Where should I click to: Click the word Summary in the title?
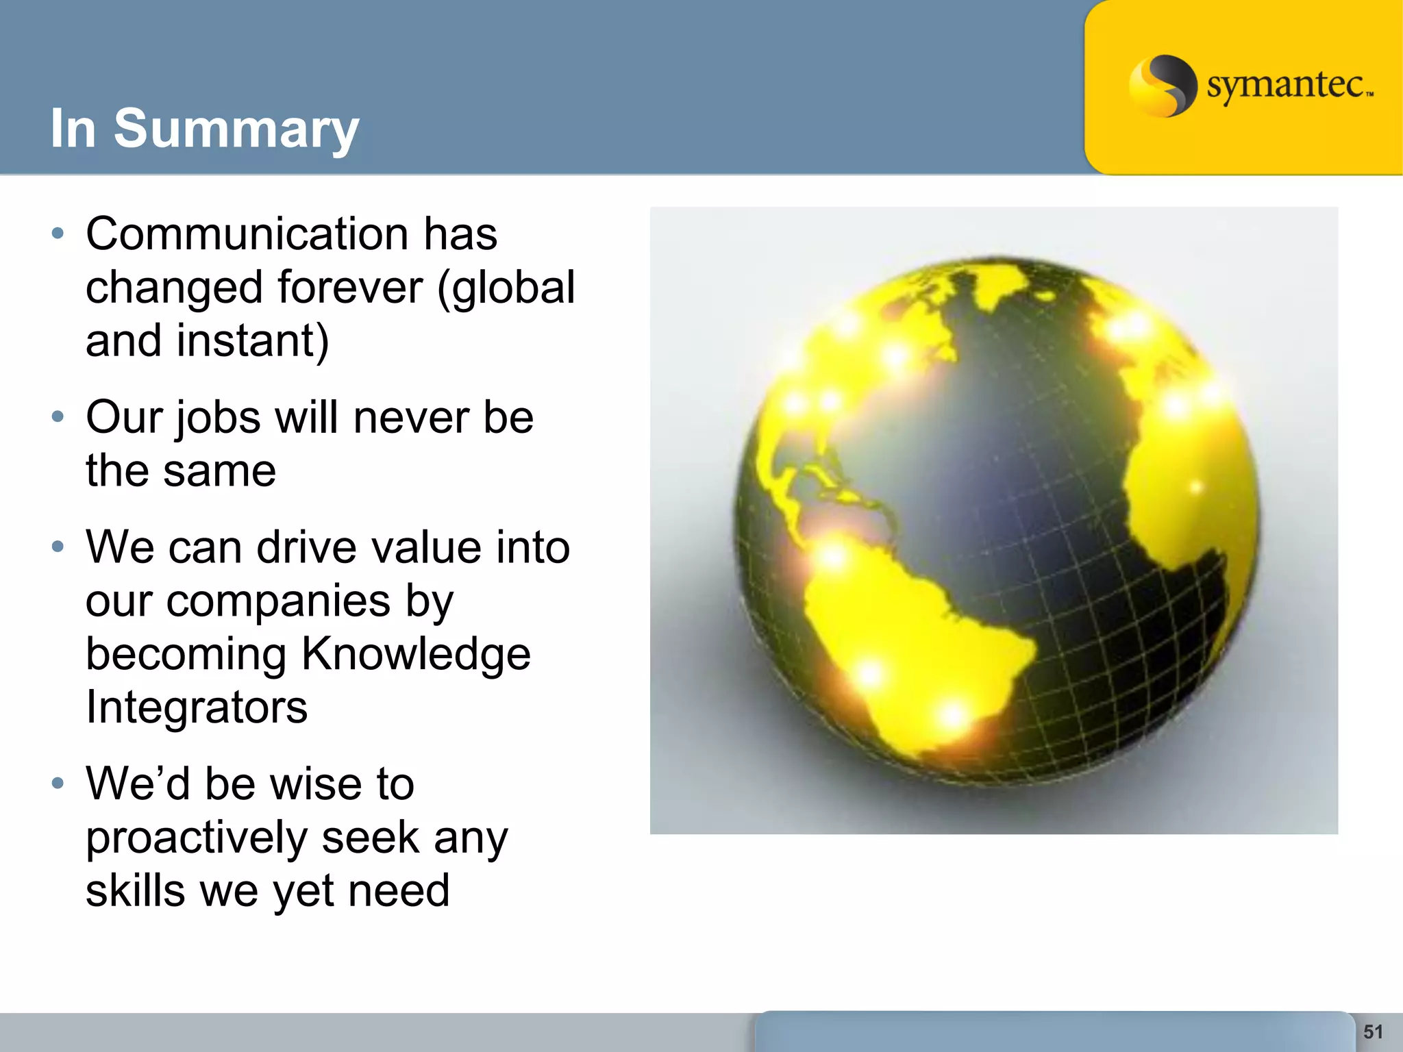(x=236, y=129)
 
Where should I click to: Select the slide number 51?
(x=1373, y=1031)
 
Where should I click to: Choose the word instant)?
(x=253, y=340)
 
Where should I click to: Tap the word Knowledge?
(x=416, y=654)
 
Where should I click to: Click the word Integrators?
(x=197, y=707)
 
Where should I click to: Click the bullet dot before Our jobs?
(x=58, y=416)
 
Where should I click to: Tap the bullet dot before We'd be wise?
(x=58, y=783)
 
